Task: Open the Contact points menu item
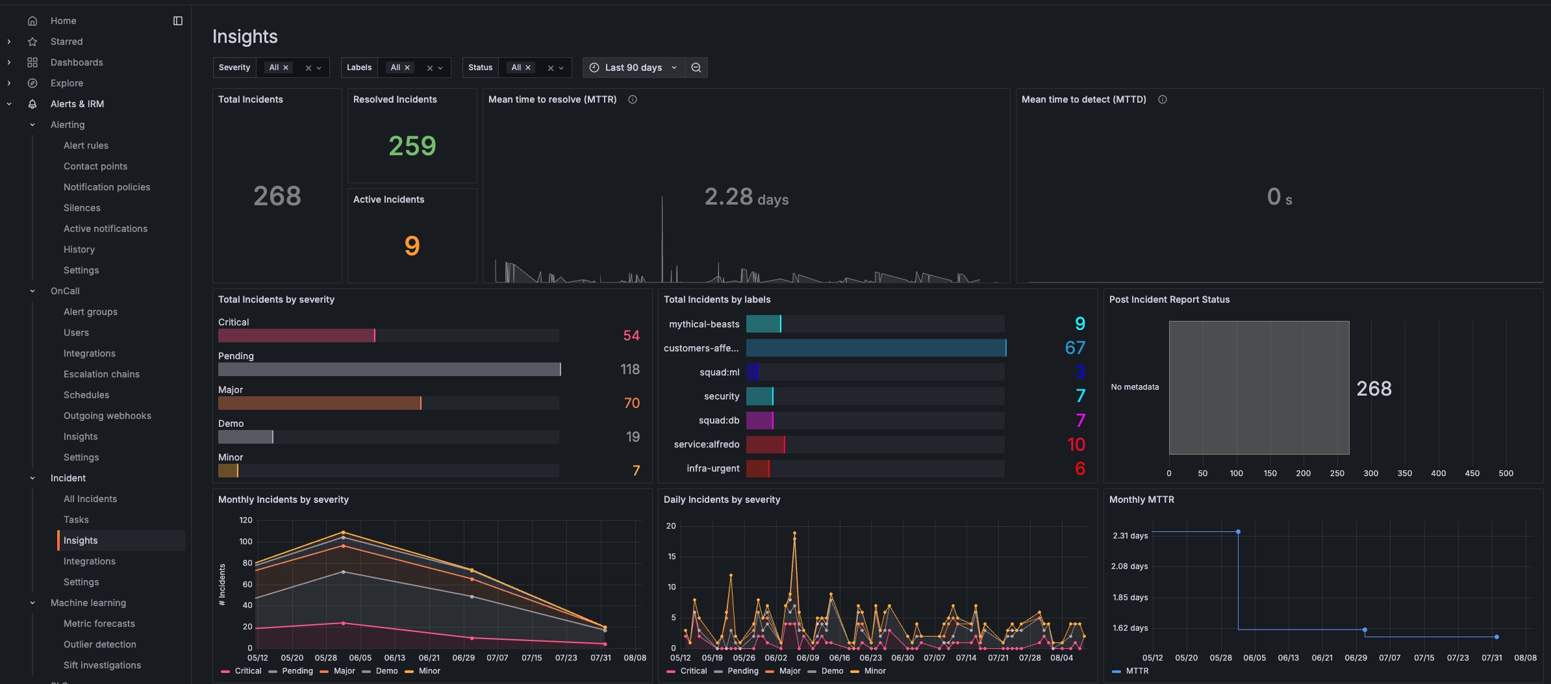[x=95, y=166]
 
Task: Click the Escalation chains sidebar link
[x=101, y=374]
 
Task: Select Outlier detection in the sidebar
[x=99, y=644]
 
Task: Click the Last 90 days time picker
[x=633, y=68]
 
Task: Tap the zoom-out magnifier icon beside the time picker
[x=696, y=68]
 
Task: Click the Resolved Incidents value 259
[x=412, y=146]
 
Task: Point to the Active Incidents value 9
[x=412, y=246]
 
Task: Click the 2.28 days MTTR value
[x=746, y=197]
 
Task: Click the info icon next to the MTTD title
[x=1163, y=99]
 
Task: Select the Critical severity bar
[x=296, y=335]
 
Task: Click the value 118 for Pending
[x=629, y=369]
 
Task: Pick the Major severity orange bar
[x=319, y=403]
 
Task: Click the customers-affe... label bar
[x=876, y=348]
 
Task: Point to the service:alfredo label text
[x=706, y=444]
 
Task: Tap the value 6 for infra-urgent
[x=1079, y=468]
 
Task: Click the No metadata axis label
[x=1134, y=387]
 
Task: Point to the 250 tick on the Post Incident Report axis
[x=1337, y=474]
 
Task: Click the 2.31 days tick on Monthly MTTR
[x=1129, y=536]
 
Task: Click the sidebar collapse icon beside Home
[x=178, y=21]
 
